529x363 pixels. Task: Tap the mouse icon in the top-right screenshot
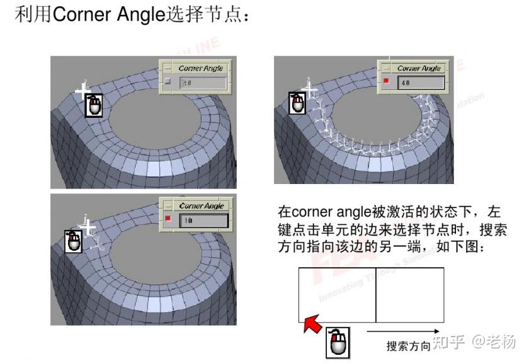pos(297,103)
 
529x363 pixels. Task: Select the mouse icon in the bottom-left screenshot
pos(74,241)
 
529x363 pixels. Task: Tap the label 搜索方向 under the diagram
pos(409,346)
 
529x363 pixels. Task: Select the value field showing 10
pos(203,220)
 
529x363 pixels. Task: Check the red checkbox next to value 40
pos(387,82)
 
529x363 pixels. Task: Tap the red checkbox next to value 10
pos(168,219)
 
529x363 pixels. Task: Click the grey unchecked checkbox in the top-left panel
pos(167,82)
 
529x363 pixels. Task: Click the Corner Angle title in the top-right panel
pos(419,68)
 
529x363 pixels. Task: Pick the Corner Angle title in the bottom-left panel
pos(201,205)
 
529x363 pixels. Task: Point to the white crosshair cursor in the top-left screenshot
pos(83,92)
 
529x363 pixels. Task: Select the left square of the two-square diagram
pos(337,295)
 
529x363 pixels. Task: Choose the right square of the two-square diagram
pos(409,295)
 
